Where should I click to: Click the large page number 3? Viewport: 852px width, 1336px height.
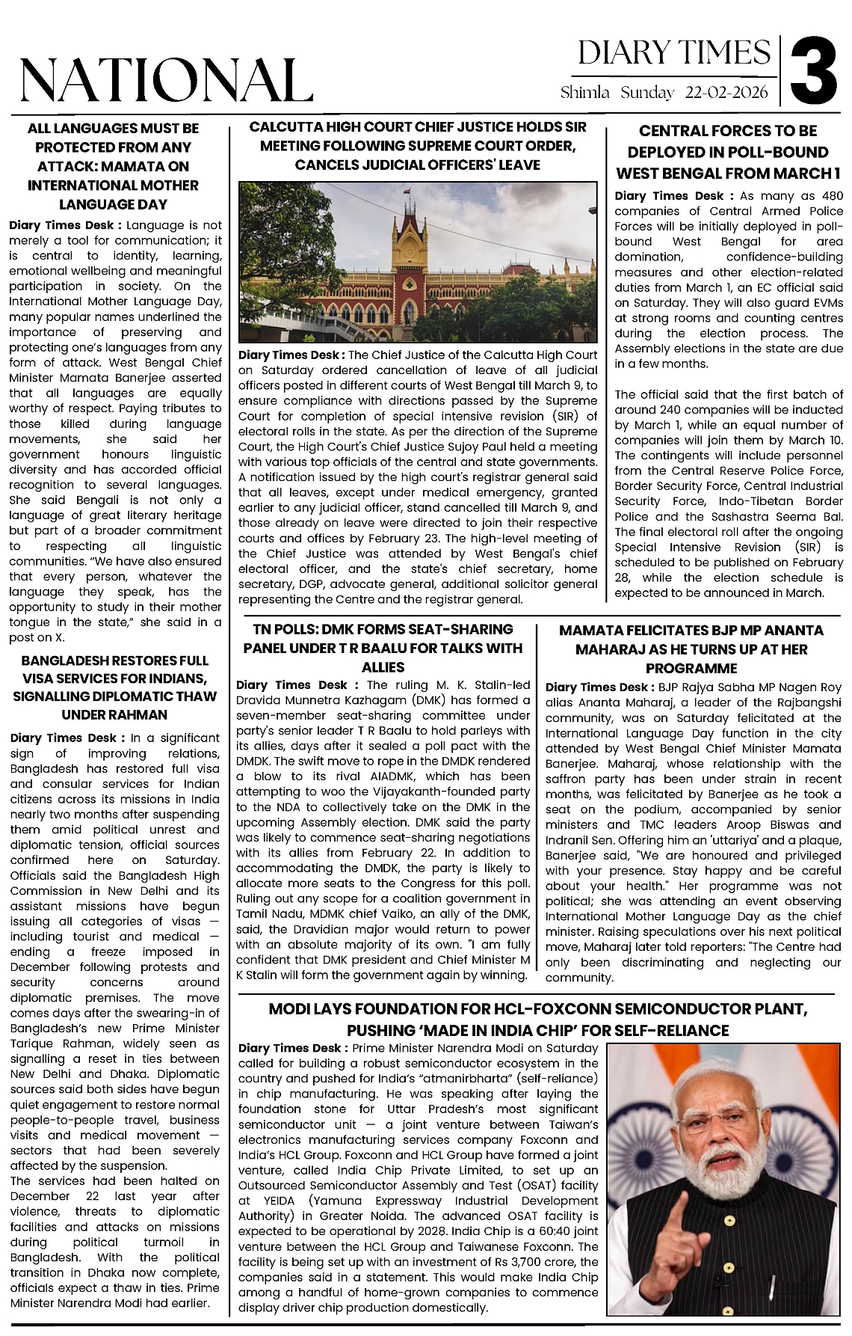coord(815,72)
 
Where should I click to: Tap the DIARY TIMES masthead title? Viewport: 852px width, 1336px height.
coord(674,53)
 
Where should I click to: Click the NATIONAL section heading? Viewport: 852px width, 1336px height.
coord(166,80)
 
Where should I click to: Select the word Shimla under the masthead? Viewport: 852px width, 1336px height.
coord(585,93)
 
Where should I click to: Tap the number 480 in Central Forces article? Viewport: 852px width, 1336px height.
coord(827,196)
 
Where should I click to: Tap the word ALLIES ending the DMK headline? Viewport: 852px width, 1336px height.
coord(383,667)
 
